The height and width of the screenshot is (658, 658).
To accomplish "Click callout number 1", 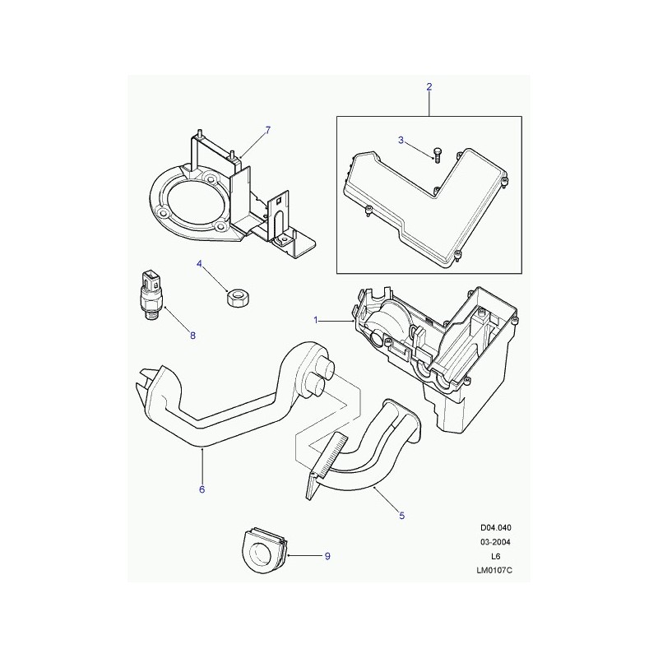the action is click(316, 321).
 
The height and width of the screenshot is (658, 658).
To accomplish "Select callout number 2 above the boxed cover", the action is click(429, 87).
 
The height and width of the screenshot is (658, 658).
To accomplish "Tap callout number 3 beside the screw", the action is click(401, 140).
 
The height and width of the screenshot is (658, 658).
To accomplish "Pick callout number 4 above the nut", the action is click(199, 264).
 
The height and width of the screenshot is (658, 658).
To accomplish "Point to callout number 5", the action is click(401, 516).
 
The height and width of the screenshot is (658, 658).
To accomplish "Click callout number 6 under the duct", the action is click(202, 489).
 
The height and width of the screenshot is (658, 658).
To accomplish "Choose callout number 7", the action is click(268, 130).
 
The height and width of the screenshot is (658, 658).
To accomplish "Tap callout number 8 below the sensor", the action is click(192, 336).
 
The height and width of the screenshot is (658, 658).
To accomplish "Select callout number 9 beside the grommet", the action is click(327, 556).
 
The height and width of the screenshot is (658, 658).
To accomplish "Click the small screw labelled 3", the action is click(438, 155).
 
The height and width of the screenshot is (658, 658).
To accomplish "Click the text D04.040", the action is click(496, 528).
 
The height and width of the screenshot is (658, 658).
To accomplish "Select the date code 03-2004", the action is click(496, 542).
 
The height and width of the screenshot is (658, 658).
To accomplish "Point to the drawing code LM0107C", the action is click(494, 570).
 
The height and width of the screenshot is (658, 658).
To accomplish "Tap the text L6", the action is click(496, 557).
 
